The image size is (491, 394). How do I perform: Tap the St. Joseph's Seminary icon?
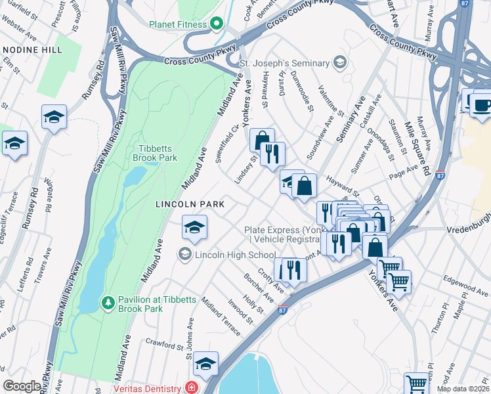click(339, 63)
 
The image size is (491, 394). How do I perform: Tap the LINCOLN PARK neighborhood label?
click(190, 204)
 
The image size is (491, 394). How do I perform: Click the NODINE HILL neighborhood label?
click(32, 50)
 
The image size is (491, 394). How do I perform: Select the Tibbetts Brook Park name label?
click(155, 153)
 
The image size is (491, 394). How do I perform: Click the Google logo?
click(22, 385)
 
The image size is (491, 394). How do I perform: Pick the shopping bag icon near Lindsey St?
click(262, 140)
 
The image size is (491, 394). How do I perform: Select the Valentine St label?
click(331, 99)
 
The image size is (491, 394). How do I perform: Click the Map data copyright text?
click(463, 389)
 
